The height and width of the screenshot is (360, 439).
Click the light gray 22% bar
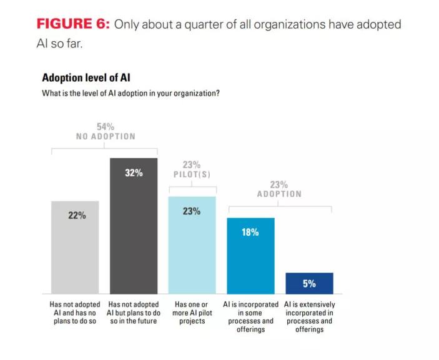(75, 250)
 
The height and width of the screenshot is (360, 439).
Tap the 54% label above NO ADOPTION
(106, 127)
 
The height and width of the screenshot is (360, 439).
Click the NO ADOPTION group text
(106, 137)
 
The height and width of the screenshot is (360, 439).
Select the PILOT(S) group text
(192, 175)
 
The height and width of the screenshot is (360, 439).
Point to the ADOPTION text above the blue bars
(279, 194)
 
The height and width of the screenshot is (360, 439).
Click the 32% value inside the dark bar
(134, 173)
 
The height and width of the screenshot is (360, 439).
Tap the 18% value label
(250, 231)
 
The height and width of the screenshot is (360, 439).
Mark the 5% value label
(309, 283)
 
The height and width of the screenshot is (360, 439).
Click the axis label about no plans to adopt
(75, 313)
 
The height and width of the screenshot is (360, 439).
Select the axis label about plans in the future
(134, 313)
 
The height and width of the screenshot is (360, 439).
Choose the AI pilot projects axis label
(192, 313)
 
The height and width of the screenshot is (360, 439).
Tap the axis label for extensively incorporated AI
(309, 316)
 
